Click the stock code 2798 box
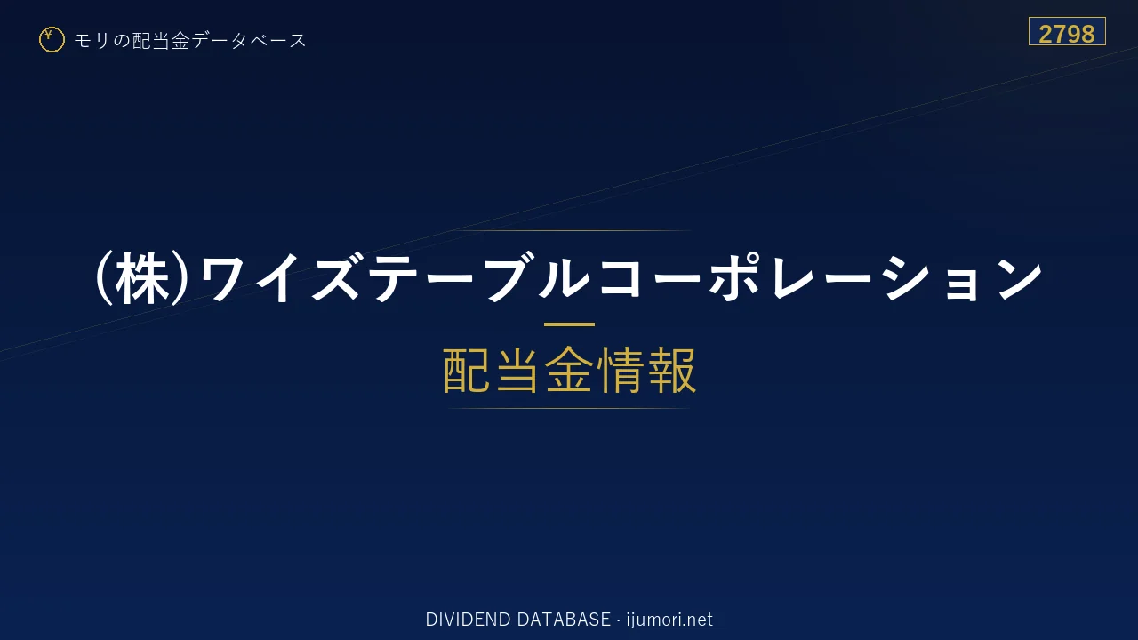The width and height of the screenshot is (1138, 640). (1067, 31)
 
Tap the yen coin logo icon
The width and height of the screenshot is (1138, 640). (52, 40)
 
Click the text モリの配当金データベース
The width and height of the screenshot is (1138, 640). (190, 41)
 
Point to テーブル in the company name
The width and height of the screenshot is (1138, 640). (478, 278)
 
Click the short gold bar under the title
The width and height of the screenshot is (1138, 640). (569, 324)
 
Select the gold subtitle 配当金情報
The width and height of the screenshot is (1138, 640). (570, 371)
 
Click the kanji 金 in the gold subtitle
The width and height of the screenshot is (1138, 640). (570, 371)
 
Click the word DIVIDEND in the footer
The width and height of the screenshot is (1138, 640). (468, 620)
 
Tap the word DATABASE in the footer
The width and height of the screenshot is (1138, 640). (564, 620)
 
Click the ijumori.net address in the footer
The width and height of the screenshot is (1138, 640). (669, 620)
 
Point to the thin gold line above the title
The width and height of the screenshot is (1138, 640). (569, 230)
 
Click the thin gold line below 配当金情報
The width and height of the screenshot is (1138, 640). (569, 408)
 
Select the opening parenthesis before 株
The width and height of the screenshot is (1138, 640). (104, 280)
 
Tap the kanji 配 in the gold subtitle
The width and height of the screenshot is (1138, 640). (467, 371)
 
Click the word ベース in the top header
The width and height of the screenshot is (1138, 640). (278, 41)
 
